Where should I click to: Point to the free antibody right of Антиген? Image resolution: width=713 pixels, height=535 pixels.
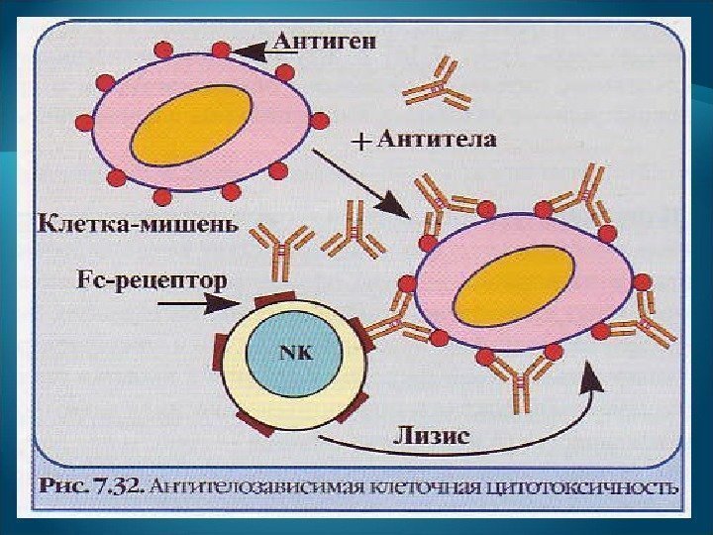click(441, 83)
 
